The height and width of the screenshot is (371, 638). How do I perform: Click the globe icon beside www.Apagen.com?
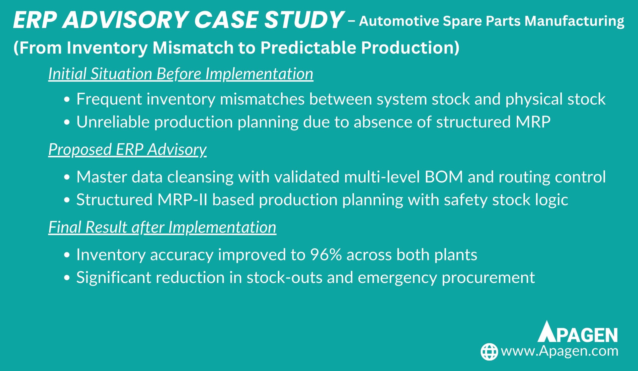[489, 352]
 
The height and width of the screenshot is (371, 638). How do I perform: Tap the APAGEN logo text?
[577, 332]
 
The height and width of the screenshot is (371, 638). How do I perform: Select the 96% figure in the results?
[325, 254]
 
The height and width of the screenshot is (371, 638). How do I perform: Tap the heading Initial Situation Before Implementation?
[181, 74]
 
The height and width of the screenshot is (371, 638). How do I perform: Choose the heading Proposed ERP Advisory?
[127, 149]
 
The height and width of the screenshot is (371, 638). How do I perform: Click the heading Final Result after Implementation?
[162, 227]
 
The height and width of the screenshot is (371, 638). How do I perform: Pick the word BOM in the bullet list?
[444, 177]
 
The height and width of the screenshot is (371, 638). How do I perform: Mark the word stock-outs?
[285, 277]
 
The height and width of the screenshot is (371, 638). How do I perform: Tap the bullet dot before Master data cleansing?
[67, 178]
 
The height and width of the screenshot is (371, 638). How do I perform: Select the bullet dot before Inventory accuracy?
[67, 255]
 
